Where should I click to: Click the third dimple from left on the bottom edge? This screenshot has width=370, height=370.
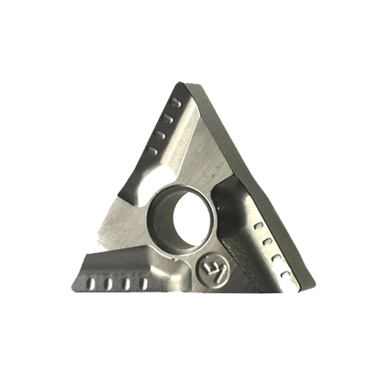(126, 283)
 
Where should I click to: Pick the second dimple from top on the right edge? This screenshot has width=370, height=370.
(267, 242)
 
